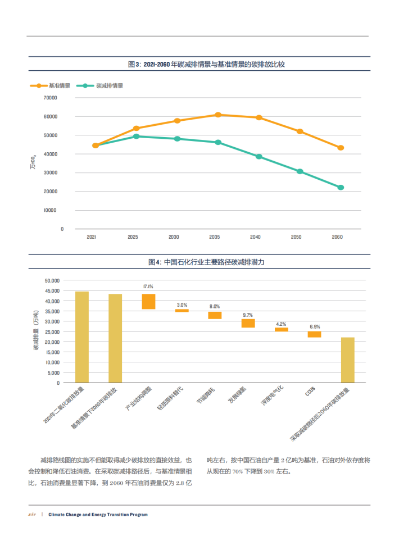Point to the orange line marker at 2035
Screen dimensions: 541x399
click(x=217, y=115)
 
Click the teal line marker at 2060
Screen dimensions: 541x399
click(x=341, y=188)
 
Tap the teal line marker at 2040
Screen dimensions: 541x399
click(x=259, y=157)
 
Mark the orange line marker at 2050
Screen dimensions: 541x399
click(x=300, y=131)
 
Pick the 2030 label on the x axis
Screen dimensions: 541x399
click(x=174, y=238)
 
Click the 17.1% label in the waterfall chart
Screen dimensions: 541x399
click(x=148, y=287)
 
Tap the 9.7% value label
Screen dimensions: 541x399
click(x=248, y=315)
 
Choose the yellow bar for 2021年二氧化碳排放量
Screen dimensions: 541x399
click(x=82, y=337)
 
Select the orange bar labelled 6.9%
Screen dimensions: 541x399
click(x=314, y=334)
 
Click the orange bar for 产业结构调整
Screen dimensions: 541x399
click(x=148, y=302)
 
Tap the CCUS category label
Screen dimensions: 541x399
click(x=310, y=390)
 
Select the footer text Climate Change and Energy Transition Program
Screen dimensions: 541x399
click(x=98, y=515)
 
